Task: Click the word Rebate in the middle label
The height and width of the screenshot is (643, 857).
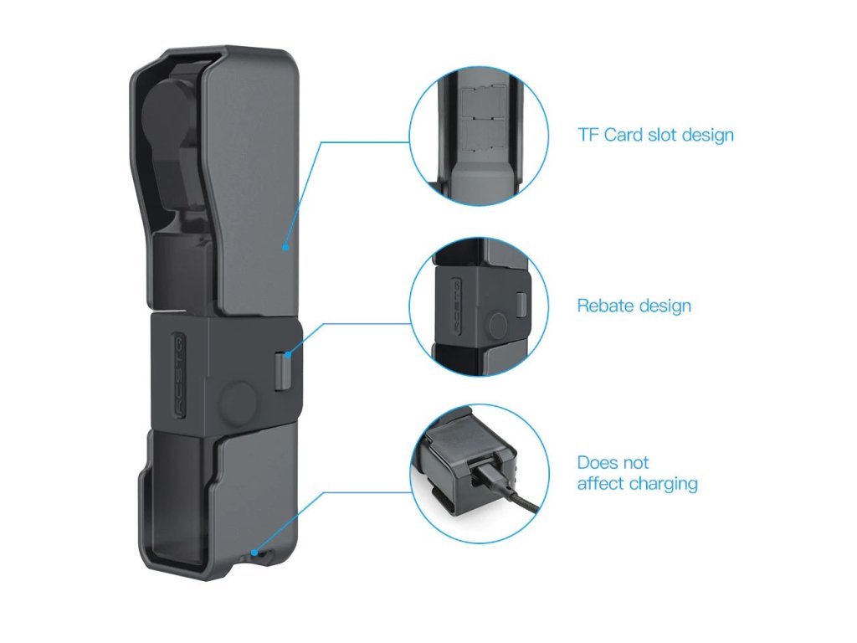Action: pos(605,306)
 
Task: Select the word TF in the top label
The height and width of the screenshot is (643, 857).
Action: pos(588,135)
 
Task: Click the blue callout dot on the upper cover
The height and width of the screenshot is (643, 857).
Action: pos(285,247)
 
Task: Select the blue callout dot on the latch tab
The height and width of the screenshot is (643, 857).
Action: pos(287,354)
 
